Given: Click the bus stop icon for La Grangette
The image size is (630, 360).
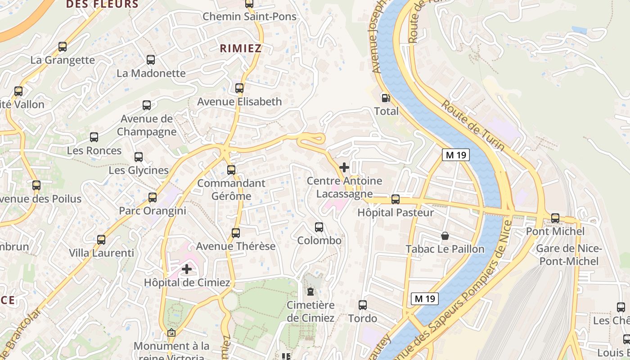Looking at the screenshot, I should (x=63, y=46).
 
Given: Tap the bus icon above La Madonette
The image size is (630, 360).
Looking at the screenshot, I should (x=151, y=59).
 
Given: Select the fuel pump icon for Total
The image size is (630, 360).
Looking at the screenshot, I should (x=386, y=98).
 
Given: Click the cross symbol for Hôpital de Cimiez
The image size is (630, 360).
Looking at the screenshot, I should (x=187, y=269).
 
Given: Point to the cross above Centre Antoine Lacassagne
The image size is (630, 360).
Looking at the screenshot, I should (x=344, y=167).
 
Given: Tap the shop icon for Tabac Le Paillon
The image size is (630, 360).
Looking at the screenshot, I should (x=445, y=235).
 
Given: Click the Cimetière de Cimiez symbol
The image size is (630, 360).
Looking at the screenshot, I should (x=310, y=292).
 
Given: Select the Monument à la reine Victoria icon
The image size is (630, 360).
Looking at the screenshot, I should (x=171, y=333).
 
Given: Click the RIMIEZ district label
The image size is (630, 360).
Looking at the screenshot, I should (x=241, y=49).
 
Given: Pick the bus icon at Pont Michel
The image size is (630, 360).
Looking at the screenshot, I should (x=555, y=218).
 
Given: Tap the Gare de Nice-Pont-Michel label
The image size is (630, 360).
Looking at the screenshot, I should (x=569, y=255).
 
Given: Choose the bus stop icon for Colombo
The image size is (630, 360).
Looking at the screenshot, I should (x=319, y=227).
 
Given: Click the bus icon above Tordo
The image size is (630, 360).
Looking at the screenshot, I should (x=363, y=305).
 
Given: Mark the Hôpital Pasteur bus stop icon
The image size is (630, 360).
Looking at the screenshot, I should (x=396, y=199).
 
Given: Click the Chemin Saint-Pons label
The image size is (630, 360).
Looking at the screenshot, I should (x=249, y=17).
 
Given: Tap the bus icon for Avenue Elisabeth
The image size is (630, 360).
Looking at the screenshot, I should (x=239, y=88).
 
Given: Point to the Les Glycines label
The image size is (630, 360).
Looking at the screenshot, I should (x=139, y=171).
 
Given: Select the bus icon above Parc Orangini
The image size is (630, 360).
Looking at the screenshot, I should (x=153, y=197).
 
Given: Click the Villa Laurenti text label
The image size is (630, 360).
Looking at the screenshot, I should (x=101, y=253).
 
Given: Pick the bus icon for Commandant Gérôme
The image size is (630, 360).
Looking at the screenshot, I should (x=231, y=170).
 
